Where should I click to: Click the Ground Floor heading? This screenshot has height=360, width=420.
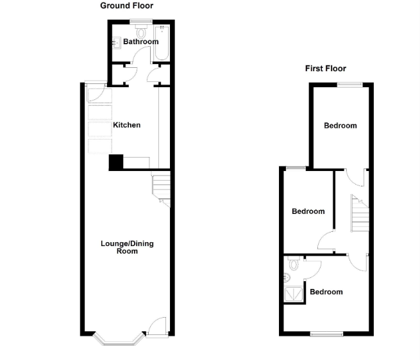click(x=126, y=6)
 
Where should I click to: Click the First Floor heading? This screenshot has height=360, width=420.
click(x=325, y=69)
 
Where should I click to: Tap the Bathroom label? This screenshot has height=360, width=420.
click(x=140, y=42)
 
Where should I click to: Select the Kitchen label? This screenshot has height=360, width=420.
click(x=126, y=125)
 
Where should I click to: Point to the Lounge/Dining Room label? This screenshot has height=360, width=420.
click(x=127, y=247)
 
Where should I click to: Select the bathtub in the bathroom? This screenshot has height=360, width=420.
click(x=161, y=43)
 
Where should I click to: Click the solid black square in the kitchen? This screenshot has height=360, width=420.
click(x=115, y=163)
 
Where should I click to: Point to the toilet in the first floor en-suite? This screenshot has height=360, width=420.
click(x=294, y=263)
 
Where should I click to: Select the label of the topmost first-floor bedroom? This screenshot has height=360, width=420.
click(x=340, y=126)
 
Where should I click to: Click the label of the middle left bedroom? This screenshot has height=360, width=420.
click(x=308, y=211)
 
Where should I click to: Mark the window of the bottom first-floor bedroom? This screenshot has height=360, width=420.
click(x=327, y=334)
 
